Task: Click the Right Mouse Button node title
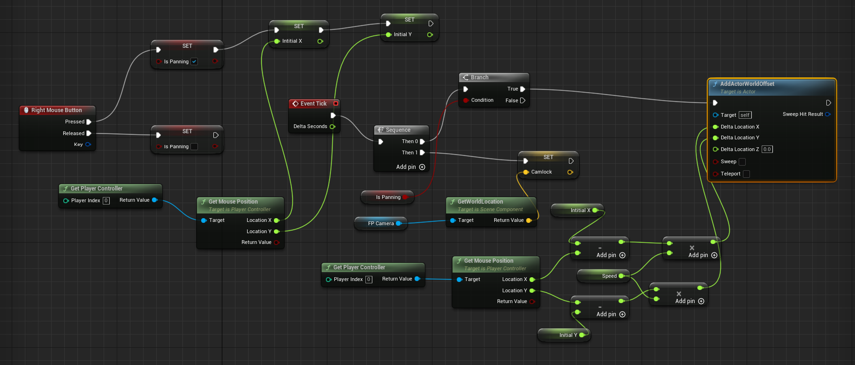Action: click(56, 110)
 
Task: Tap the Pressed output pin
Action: click(89, 122)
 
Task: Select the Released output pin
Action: click(89, 133)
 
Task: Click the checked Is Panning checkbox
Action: click(194, 61)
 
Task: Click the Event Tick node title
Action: click(313, 104)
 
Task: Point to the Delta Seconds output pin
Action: click(333, 127)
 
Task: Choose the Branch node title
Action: click(479, 77)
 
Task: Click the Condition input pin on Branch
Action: click(466, 100)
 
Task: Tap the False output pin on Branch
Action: click(522, 100)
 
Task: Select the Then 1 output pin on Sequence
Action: click(422, 152)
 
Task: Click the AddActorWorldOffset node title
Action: click(747, 84)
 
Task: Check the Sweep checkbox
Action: click(742, 162)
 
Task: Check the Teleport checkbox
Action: click(746, 174)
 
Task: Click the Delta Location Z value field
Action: click(767, 149)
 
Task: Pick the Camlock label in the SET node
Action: click(541, 172)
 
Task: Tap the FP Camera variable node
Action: click(381, 223)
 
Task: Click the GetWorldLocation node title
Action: click(480, 202)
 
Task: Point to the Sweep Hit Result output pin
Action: click(827, 114)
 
